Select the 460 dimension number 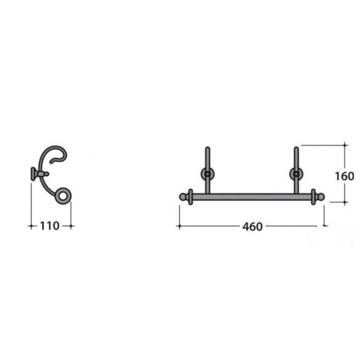point(251,226)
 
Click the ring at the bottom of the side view point(64,195)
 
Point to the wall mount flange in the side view point(34,173)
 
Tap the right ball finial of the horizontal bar point(322,196)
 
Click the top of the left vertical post point(207,149)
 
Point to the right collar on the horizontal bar point(313,196)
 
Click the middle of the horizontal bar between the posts point(251,195)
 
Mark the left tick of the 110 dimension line point(32,226)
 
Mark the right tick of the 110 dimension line point(72,226)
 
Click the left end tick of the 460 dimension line point(178,226)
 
